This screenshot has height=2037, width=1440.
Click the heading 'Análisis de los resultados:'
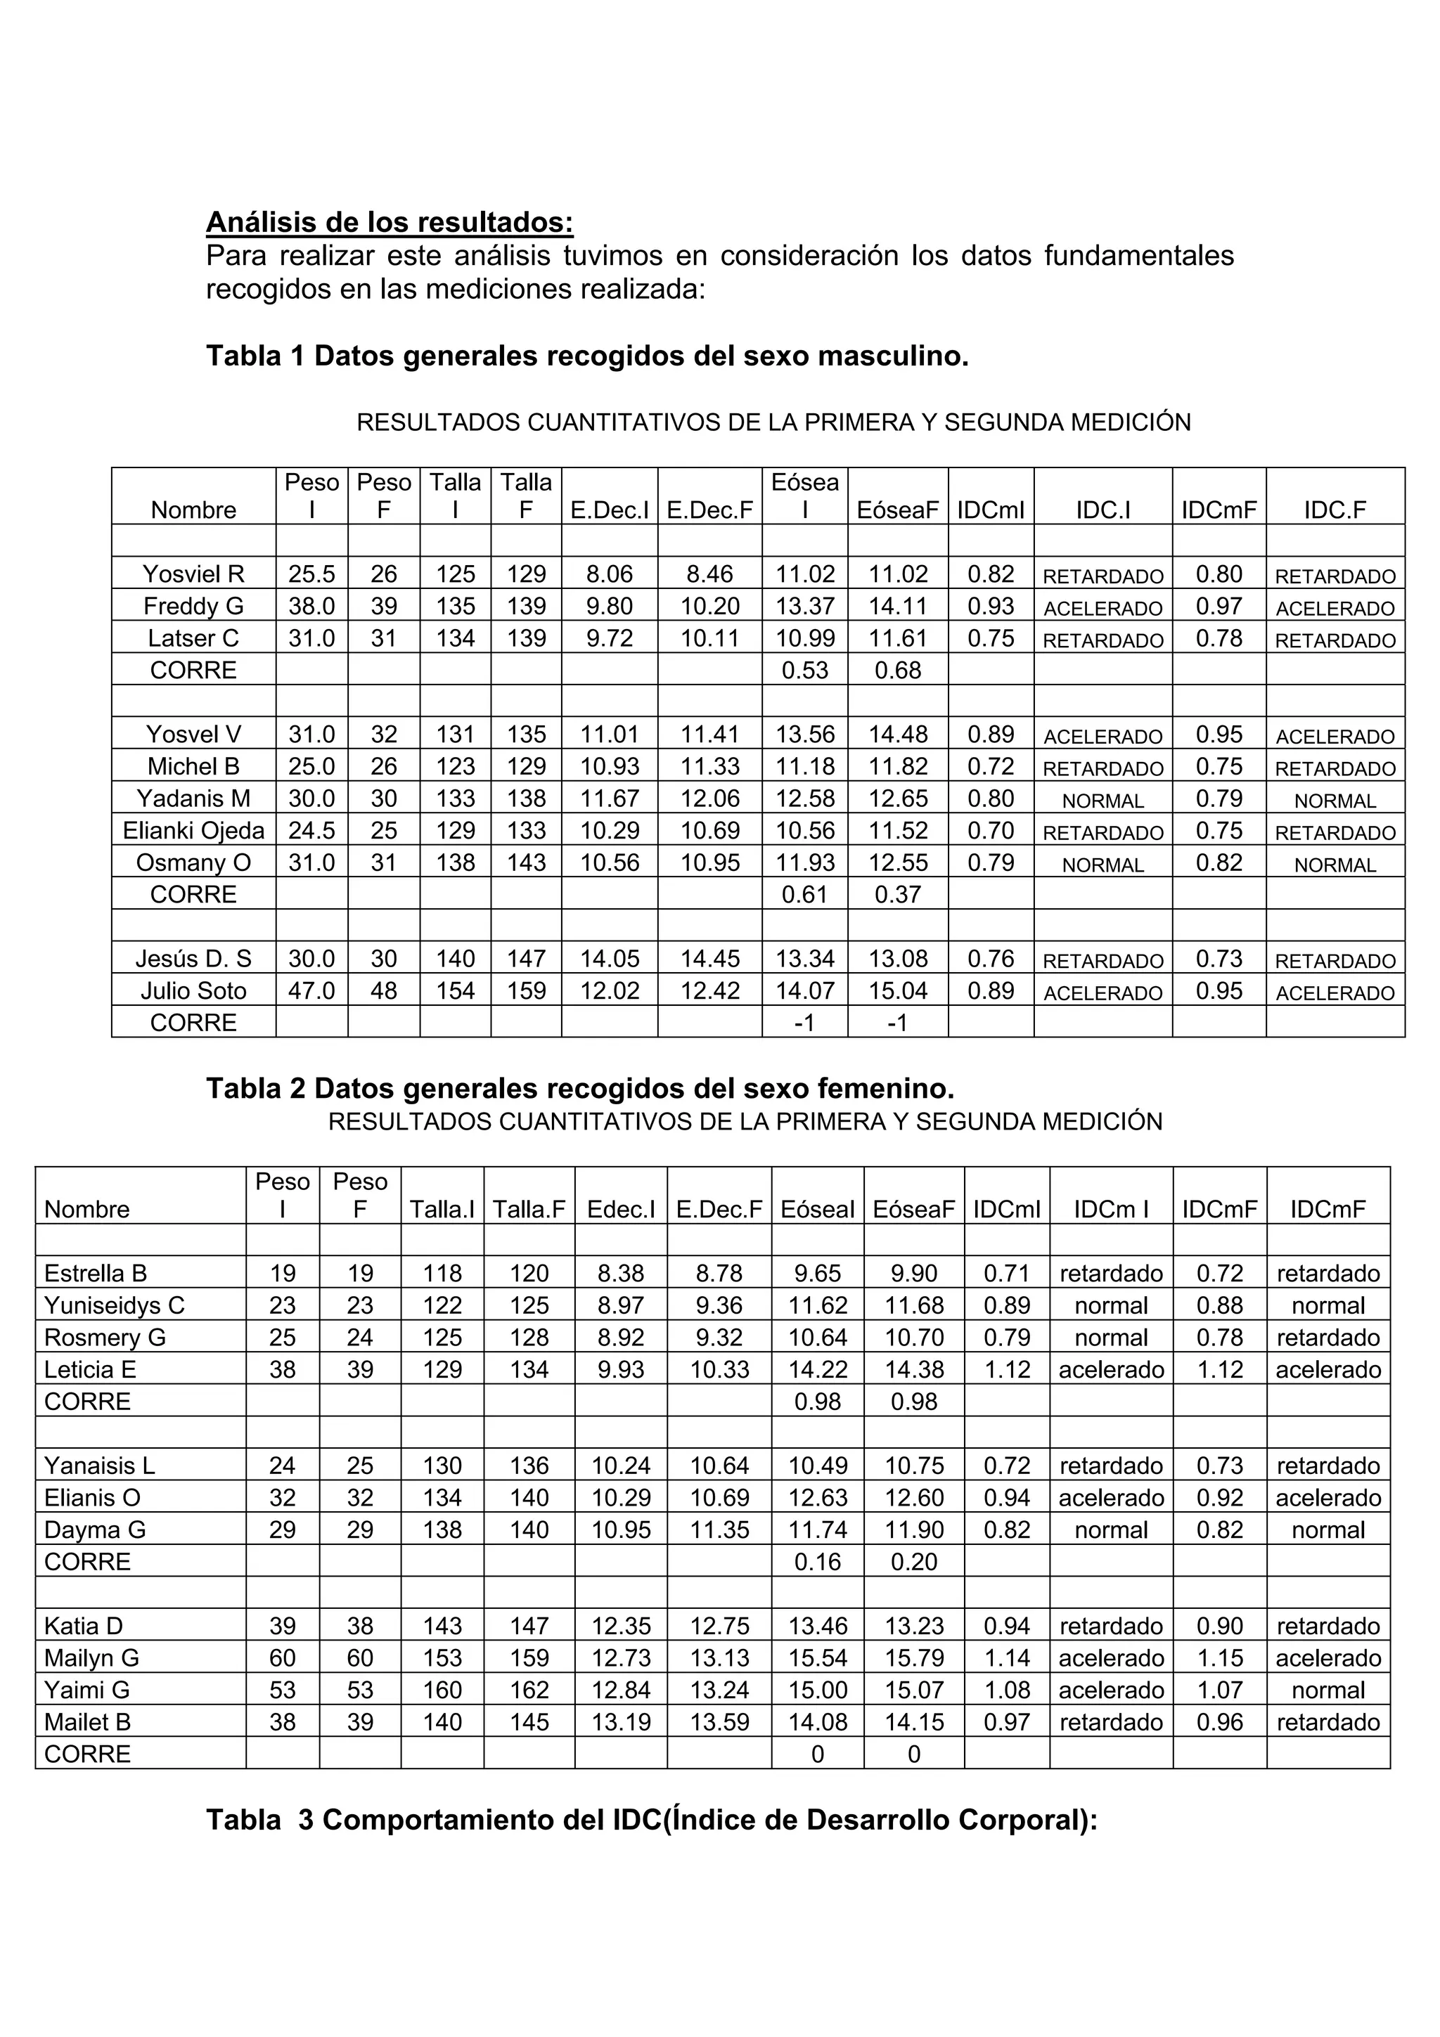390,222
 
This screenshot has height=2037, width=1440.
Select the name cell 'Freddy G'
193,607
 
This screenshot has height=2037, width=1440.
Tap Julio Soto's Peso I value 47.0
311,991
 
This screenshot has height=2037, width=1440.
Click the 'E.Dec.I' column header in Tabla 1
610,510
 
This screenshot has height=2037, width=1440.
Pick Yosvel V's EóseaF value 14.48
898,735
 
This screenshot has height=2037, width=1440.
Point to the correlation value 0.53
805,671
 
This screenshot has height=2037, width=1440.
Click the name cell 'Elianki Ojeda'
193,832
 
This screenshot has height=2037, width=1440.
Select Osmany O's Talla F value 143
526,863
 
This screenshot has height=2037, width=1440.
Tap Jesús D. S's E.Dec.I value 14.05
610,959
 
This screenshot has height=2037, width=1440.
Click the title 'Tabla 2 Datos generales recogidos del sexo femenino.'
580,1089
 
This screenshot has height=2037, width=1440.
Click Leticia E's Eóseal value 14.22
817,1370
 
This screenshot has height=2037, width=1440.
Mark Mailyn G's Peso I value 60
282,1658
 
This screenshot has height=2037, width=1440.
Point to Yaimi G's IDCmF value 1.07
1219,1690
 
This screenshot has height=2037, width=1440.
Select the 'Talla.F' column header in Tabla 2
529,1209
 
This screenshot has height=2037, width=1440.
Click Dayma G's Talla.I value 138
442,1530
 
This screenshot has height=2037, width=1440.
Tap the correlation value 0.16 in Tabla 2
817,1563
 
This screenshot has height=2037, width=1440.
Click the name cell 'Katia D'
84,1627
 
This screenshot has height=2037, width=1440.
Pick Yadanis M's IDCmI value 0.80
990,799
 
